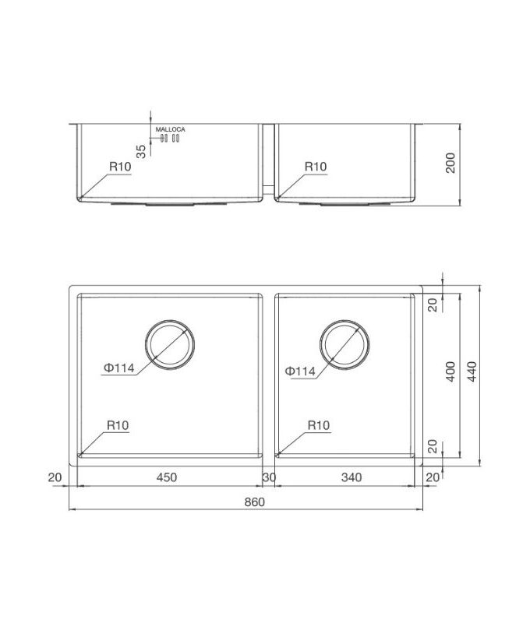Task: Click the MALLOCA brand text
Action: pos(170,129)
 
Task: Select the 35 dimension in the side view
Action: pos(141,151)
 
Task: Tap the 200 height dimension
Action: pos(450,163)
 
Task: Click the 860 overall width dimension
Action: pos(254,502)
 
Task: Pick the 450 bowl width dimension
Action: pos(167,477)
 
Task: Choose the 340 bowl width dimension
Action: pos(352,477)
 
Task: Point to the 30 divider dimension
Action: pos(269,477)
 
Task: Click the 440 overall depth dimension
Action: pos(472,371)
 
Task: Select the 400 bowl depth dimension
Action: pos(450,371)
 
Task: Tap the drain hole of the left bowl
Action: pos(170,344)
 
